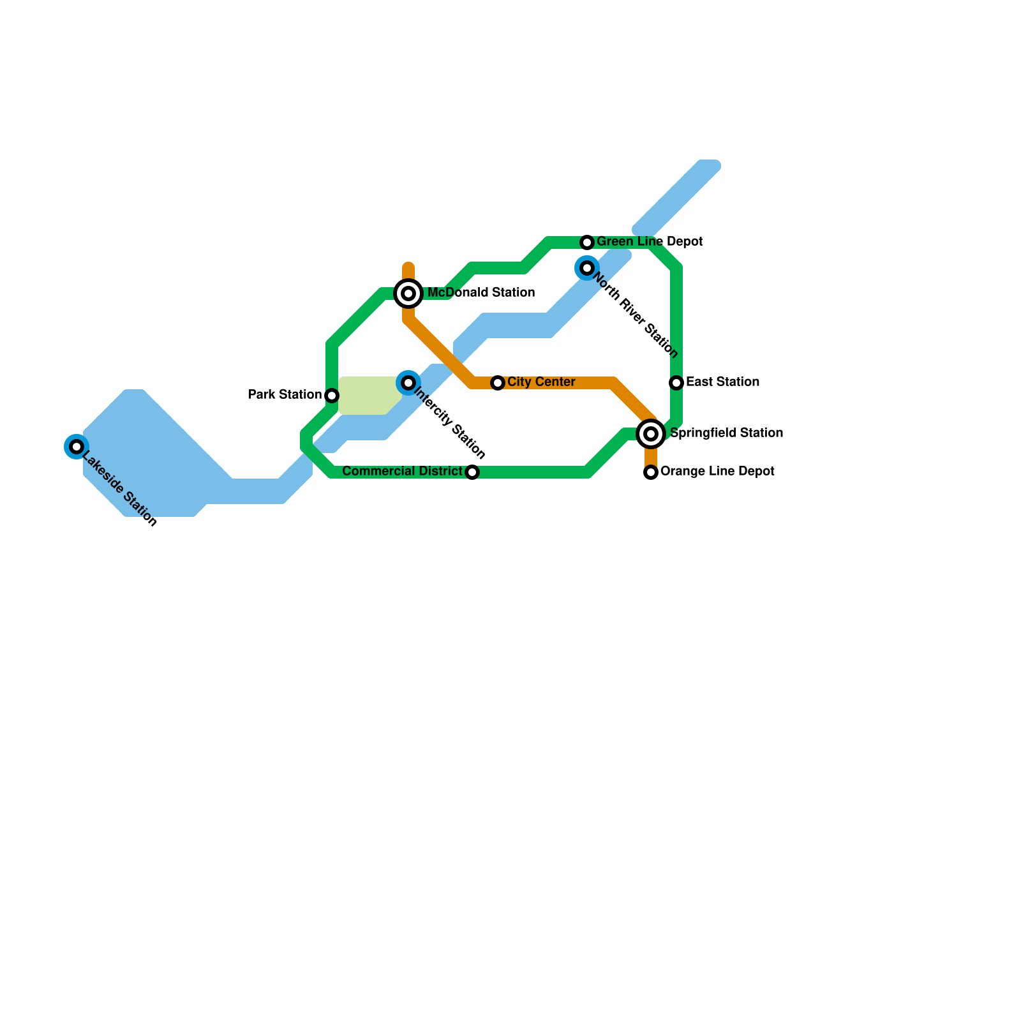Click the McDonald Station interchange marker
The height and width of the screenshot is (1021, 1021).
pyautogui.click(x=408, y=294)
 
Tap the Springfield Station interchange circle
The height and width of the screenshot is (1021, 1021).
pyautogui.click(x=651, y=434)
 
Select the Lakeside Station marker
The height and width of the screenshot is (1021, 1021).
pyautogui.click(x=77, y=446)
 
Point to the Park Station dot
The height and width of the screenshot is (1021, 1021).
pyautogui.click(x=332, y=396)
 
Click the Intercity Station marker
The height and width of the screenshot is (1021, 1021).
pyautogui.click(x=408, y=383)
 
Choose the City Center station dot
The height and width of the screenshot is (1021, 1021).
pyautogui.click(x=498, y=383)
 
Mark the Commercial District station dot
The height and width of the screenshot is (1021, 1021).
pyautogui.click(x=472, y=472)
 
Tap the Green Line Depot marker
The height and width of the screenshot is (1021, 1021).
pyautogui.click(x=587, y=242)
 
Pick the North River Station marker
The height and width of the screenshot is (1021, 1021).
pyautogui.click(x=587, y=268)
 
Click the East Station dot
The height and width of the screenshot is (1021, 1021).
pyautogui.click(x=676, y=383)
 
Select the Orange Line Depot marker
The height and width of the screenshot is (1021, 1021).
pyautogui.click(x=651, y=472)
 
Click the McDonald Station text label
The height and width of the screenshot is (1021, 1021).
pyautogui.click(x=481, y=293)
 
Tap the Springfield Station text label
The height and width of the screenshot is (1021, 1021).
pyautogui.click(x=726, y=433)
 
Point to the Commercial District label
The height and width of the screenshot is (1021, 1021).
pyautogui.click(x=402, y=472)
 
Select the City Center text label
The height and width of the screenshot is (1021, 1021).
pyautogui.click(x=541, y=382)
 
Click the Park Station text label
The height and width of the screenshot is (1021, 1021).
pyautogui.click(x=285, y=395)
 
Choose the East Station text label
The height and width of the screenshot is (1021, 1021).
pyautogui.click(x=722, y=382)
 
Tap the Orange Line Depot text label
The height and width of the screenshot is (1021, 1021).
pyautogui.click(x=717, y=472)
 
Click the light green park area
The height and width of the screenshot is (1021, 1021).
pyautogui.click(x=367, y=396)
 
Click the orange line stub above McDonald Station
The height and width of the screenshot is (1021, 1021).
pyautogui.click(x=408, y=271)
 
